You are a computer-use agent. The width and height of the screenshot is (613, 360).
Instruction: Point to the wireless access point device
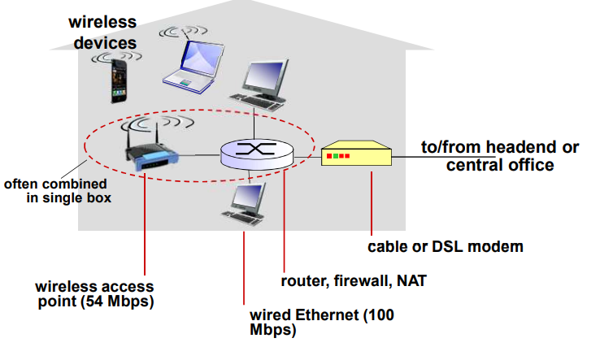(151, 152)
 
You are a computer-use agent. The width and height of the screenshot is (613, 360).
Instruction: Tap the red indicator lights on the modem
(337, 155)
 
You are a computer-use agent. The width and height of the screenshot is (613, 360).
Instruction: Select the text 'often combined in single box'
(57, 191)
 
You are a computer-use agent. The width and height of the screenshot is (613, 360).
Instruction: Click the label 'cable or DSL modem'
(445, 245)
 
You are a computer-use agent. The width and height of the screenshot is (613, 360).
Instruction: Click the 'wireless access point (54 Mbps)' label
(94, 295)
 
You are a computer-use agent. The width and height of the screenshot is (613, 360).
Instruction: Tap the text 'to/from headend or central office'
(499, 156)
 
